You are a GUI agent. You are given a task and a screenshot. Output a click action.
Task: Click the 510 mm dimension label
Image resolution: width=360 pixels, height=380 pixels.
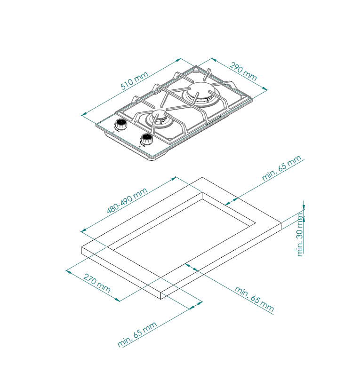tap(134, 80)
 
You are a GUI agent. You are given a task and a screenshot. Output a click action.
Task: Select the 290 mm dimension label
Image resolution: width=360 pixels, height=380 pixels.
tap(243, 71)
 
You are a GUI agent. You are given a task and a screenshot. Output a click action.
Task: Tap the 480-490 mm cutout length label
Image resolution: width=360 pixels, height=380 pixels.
tap(127, 200)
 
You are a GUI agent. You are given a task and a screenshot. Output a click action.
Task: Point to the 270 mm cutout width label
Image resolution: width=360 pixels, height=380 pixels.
tap(97, 283)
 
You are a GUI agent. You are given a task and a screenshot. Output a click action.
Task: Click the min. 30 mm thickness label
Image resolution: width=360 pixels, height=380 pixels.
tap(300, 234)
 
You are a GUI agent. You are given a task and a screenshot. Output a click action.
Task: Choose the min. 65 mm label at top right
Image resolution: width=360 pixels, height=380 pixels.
tap(282, 168)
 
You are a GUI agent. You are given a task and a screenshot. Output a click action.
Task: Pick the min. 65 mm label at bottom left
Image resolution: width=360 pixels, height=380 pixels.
tap(137, 334)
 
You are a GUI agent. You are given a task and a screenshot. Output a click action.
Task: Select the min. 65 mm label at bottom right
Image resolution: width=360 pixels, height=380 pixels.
tap(254, 299)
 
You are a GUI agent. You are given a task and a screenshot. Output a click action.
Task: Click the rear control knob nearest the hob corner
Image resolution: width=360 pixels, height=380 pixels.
tap(120, 124)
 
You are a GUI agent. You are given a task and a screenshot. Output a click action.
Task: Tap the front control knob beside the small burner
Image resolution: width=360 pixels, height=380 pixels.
tap(147, 139)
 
